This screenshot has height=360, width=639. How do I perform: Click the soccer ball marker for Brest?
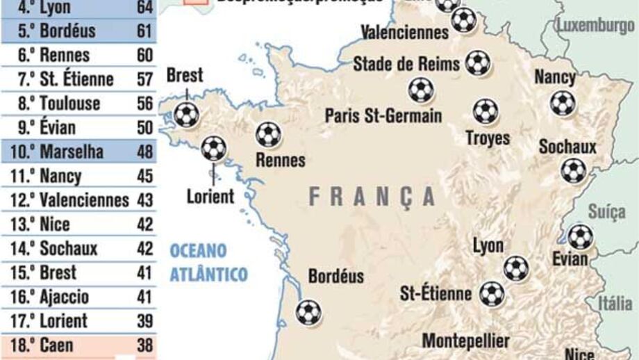tap(185, 115)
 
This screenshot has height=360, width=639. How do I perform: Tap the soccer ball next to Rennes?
tap(269, 134)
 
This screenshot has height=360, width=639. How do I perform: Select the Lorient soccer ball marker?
tap(213, 148)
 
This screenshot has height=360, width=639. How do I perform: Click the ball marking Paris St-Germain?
tap(420, 90)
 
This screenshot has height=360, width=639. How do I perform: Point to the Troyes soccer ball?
tap(486, 111)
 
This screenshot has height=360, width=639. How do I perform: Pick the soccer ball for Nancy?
tap(562, 104)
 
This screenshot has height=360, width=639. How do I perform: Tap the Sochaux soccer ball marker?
tap(574, 170)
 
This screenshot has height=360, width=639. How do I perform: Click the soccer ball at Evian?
tap(580, 236)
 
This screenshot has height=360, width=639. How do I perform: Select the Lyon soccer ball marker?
tap(515, 268)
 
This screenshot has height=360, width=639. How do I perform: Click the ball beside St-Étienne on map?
tap(492, 293)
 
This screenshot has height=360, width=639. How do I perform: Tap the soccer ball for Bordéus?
tap(308, 312)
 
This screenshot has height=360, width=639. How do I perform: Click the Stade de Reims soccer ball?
tap(477, 63)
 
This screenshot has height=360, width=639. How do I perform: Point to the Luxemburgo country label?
tap(595, 26)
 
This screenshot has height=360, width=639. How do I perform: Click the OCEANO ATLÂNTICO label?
tap(208, 262)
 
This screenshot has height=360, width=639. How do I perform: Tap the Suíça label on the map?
tap(607, 211)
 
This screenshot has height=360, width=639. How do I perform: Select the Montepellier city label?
tap(465, 341)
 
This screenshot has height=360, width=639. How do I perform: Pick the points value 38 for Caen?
tap(144, 345)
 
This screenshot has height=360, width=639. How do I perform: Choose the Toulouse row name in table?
tap(69, 104)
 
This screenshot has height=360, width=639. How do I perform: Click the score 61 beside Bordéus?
tap(144, 31)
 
